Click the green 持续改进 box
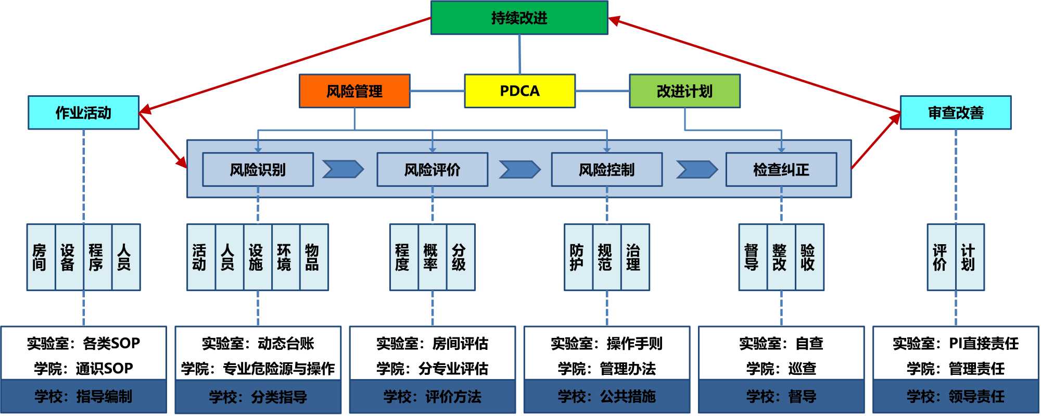click(519, 18)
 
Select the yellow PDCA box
click(519, 91)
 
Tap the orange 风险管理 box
click(354, 91)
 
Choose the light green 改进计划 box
click(684, 91)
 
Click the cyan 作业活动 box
click(83, 112)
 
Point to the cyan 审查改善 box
click(956, 112)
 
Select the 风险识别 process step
click(258, 169)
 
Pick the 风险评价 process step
click(432, 169)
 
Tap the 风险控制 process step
click(606, 169)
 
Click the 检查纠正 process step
click(781, 169)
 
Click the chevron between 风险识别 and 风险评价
click(342, 169)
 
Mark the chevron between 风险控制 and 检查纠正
click(696, 169)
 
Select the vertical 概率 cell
click(430, 257)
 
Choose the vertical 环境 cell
click(284, 257)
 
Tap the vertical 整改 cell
click(779, 257)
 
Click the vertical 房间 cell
click(40, 257)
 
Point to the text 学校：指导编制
click(83, 397)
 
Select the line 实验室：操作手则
click(606, 344)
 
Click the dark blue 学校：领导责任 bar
click(956, 397)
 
